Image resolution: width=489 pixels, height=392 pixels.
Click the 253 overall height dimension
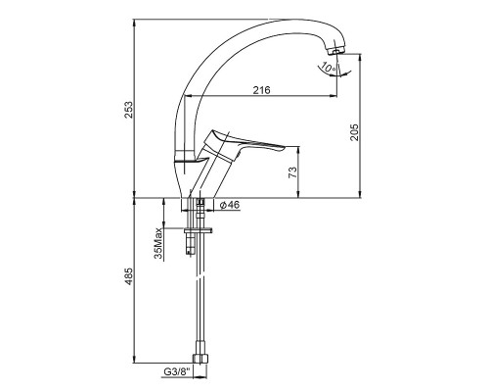click(129, 110)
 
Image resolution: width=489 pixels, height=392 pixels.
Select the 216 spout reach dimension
click(262, 90)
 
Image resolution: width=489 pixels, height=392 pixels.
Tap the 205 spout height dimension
click(354, 132)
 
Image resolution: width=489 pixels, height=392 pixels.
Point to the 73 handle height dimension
click(293, 172)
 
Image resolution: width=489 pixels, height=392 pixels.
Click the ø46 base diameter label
click(230, 205)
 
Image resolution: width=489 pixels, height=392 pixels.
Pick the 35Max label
click(158, 243)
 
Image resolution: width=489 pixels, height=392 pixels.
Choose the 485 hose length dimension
click(129, 276)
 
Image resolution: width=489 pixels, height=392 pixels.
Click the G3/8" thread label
click(176, 371)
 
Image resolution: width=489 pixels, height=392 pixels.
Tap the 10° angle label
click(328, 68)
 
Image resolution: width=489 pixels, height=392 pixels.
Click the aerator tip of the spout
click(336, 51)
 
